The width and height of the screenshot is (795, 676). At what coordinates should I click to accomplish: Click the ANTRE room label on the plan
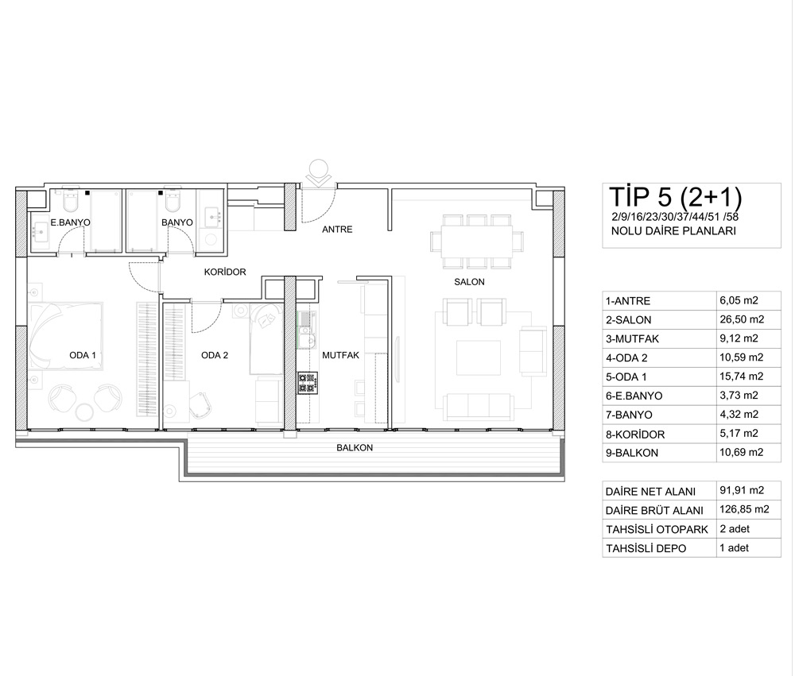pyautogui.click(x=337, y=230)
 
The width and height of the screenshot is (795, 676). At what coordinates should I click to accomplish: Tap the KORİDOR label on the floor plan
pyautogui.click(x=225, y=272)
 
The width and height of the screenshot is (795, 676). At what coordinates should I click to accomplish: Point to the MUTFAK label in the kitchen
pyautogui.click(x=341, y=355)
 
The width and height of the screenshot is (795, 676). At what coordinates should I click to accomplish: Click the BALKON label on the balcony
pyautogui.click(x=355, y=448)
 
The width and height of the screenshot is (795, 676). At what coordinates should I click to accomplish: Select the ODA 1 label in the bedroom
pyautogui.click(x=83, y=355)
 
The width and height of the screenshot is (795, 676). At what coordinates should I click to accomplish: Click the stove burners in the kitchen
pyautogui.click(x=308, y=383)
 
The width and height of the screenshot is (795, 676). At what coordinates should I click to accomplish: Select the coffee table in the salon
pyautogui.click(x=478, y=357)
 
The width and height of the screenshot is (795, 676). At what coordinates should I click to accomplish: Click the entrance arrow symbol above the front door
pyautogui.click(x=320, y=174)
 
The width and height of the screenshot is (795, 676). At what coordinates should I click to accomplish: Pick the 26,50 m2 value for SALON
pyautogui.click(x=741, y=320)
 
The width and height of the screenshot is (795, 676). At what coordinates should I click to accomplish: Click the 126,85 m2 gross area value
pyautogui.click(x=744, y=510)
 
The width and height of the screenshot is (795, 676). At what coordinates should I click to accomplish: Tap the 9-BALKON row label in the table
pyautogui.click(x=632, y=453)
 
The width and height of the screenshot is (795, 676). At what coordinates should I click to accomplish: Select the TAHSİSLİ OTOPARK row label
pyautogui.click(x=657, y=530)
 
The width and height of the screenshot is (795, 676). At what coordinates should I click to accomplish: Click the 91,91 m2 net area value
pyautogui.click(x=742, y=491)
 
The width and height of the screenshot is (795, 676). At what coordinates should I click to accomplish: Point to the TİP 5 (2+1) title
pyautogui.click(x=675, y=198)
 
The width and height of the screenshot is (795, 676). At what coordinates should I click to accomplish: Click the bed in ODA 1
pyautogui.click(x=66, y=337)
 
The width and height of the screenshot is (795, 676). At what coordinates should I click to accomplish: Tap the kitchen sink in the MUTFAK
pyautogui.click(x=305, y=337)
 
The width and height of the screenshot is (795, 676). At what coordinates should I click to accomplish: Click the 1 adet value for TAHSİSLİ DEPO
pyautogui.click(x=734, y=548)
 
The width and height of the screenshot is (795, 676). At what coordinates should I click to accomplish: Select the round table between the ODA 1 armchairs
pyautogui.click(x=85, y=411)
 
